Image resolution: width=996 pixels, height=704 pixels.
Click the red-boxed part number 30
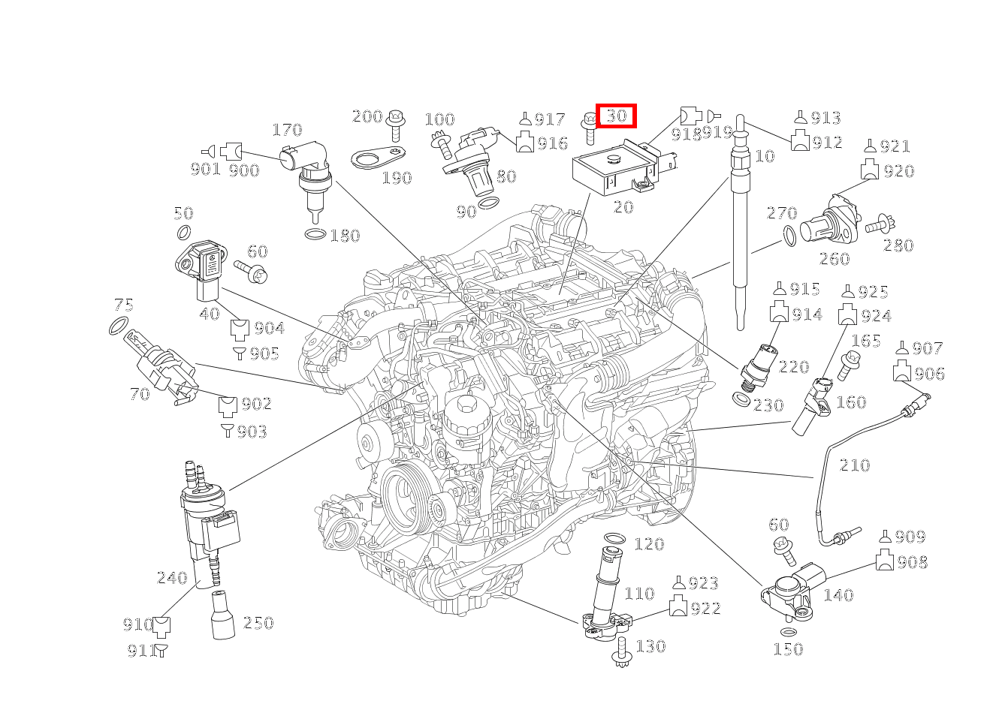tap(616, 116)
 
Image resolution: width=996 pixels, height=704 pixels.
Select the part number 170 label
tap(286, 130)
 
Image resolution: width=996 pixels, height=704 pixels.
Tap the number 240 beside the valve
tap(171, 577)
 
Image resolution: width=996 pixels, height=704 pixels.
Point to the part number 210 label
tap(854, 465)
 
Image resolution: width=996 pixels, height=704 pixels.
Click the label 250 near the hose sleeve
tap(258, 622)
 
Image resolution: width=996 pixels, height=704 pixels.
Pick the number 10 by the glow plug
tap(764, 156)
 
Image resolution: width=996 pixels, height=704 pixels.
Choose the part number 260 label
tap(834, 259)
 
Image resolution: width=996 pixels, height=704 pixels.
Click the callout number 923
tap(703, 583)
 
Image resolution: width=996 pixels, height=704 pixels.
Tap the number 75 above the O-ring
tap(124, 305)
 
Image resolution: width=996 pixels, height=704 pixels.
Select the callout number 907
tap(928, 348)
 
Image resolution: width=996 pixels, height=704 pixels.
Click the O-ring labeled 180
tap(315, 235)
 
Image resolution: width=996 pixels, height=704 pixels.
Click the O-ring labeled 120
tap(614, 539)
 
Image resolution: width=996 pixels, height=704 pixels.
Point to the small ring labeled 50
tap(183, 233)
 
